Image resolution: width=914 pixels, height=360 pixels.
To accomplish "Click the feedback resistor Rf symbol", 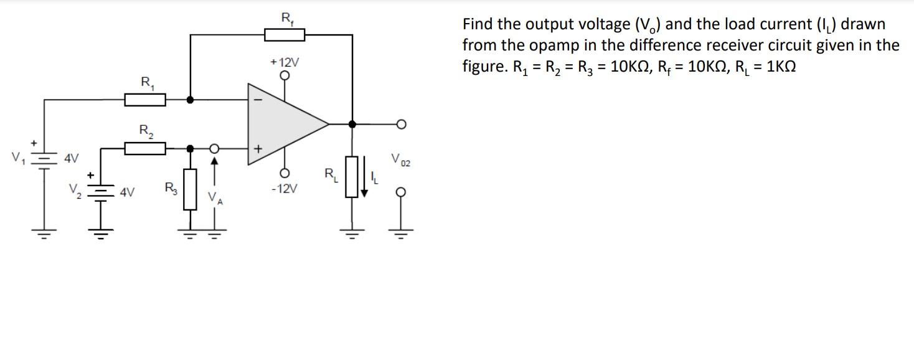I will [285, 35].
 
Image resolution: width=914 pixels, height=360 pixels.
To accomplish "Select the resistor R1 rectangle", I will [145, 100].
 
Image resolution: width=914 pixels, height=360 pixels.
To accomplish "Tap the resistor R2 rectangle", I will [145, 148].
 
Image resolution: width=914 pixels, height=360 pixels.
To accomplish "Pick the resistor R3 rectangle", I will [190, 188].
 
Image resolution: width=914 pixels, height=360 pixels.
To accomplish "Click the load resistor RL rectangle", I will [352, 177].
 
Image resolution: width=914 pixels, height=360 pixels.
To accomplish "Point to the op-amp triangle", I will [283, 124].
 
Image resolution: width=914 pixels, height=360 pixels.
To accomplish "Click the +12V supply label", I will [285, 62].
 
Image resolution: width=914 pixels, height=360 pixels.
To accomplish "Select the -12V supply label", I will [285, 189].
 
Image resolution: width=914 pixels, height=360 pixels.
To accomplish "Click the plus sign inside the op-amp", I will [258, 149].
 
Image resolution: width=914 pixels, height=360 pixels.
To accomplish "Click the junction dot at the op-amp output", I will [352, 124].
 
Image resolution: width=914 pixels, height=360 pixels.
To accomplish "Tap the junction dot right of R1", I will [190, 100].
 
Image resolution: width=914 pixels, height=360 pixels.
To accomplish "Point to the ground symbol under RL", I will [352, 235].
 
